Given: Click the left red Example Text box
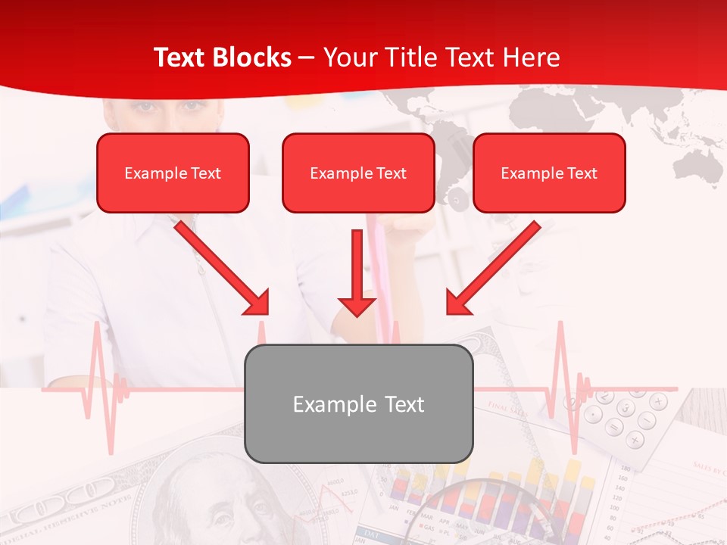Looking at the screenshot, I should click(173, 173).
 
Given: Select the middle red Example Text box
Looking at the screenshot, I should click(358, 173).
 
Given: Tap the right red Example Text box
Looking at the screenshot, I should click(549, 173).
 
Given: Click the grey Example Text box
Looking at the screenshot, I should click(358, 403).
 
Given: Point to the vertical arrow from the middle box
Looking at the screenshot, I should click(357, 272).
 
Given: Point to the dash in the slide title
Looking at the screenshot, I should click(307, 58).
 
